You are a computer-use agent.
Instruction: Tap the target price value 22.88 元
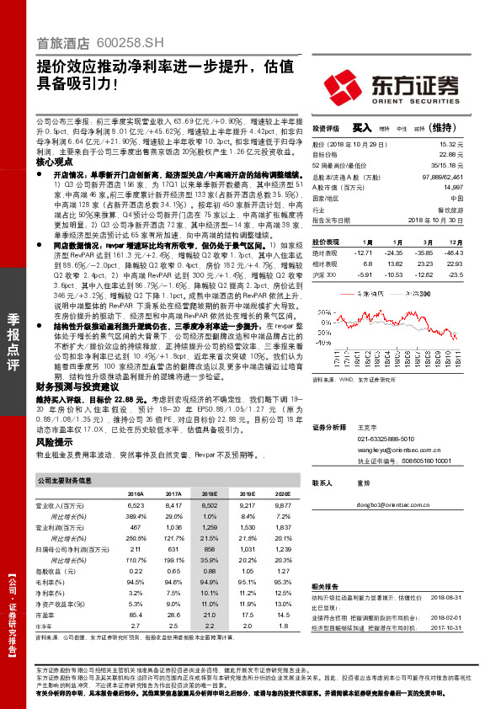pos(450,155)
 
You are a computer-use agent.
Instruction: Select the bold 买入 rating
pos(361,128)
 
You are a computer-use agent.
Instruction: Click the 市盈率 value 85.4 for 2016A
pos(136,616)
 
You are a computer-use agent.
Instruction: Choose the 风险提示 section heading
pos(51,440)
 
